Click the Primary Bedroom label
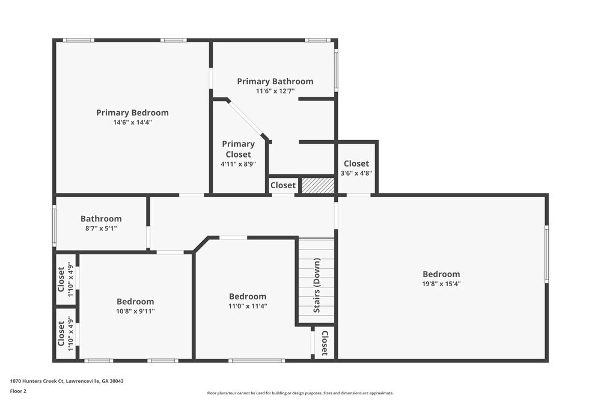click(x=132, y=112)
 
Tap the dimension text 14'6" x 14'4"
click(x=132, y=122)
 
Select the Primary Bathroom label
click(x=275, y=81)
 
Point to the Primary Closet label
click(x=238, y=149)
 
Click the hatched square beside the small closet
click(x=318, y=185)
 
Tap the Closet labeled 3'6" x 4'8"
click(x=356, y=168)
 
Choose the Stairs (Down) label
click(x=316, y=286)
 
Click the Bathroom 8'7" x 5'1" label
click(x=101, y=223)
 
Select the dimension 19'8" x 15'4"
click(x=441, y=284)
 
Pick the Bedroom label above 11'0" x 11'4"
click(x=248, y=296)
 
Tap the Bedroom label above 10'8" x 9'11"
click(x=135, y=301)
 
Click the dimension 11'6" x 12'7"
click(x=275, y=91)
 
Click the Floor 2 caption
click(x=18, y=391)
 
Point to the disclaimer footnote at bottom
click(x=300, y=393)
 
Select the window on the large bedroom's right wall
click(x=546, y=254)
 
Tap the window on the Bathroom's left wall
click(x=54, y=225)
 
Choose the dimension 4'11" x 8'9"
click(x=238, y=164)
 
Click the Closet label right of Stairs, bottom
click(x=325, y=343)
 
